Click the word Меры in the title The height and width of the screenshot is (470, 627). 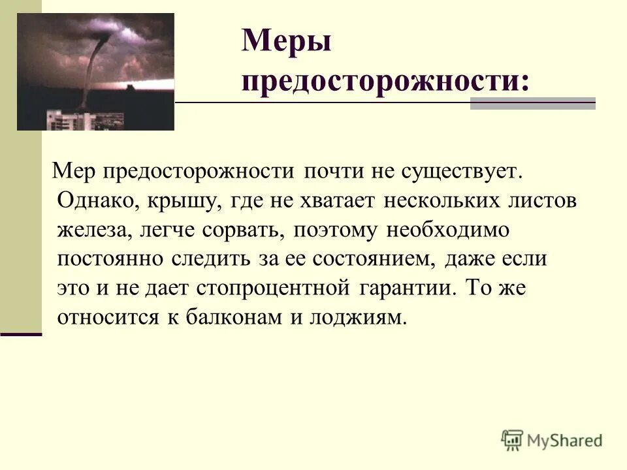(287, 43)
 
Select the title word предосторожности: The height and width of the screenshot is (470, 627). (385, 82)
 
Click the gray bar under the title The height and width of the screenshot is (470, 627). (532, 103)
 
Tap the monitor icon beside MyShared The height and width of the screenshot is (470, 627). (513, 440)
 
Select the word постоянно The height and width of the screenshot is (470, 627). (111, 258)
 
